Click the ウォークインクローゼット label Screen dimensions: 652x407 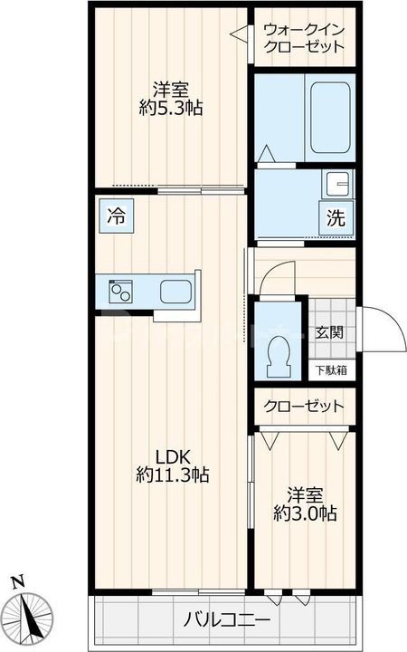(x=304, y=37)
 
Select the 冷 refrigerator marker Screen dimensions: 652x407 (x=116, y=217)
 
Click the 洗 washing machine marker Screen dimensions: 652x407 (x=336, y=218)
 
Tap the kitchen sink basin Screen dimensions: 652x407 (x=175, y=292)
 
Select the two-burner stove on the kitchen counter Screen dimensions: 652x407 (x=121, y=292)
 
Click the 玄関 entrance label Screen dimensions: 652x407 (x=329, y=332)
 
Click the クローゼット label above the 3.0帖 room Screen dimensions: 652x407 (x=304, y=406)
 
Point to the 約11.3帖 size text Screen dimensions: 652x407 (x=172, y=474)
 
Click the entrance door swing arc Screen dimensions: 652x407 (x=385, y=331)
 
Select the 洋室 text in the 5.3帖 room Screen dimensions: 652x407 (x=169, y=90)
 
